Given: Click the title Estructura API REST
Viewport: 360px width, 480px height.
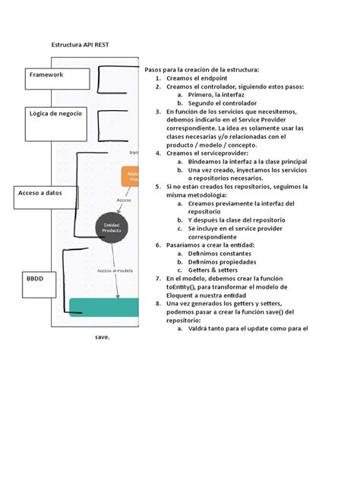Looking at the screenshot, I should [80, 45].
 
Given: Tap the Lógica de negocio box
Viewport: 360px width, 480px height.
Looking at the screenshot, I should [56, 115].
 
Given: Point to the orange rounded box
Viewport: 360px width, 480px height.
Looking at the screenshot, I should [131, 178].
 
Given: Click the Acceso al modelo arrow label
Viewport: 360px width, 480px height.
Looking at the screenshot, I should [115, 270].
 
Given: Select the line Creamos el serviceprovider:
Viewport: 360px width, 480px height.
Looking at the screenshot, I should [216, 153].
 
